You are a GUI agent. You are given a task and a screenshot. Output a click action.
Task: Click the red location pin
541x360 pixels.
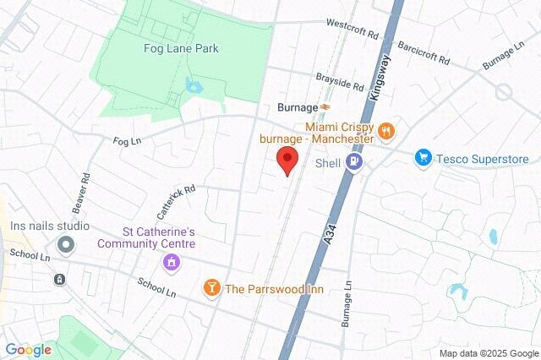[288, 161]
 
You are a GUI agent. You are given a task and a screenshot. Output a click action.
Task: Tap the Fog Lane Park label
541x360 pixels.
[181, 49]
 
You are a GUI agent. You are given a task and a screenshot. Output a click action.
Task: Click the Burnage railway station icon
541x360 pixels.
[325, 108]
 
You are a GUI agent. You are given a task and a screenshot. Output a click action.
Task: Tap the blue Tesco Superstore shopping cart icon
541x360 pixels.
[423, 158]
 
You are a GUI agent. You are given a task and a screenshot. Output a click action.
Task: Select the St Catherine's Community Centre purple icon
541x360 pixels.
[172, 263]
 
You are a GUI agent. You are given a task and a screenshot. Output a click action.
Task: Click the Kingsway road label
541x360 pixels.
[376, 79]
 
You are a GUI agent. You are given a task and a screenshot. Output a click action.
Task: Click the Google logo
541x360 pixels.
[28, 350]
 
